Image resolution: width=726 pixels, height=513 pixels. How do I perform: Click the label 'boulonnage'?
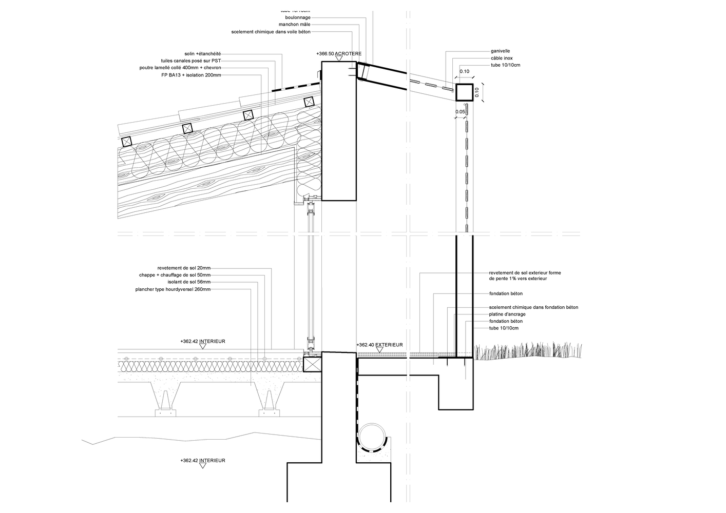(x=298, y=17)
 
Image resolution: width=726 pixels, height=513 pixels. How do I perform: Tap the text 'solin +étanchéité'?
(x=202, y=53)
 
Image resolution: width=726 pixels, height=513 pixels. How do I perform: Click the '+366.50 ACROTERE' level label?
(x=339, y=53)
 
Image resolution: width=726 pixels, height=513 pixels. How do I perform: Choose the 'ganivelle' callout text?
(x=500, y=51)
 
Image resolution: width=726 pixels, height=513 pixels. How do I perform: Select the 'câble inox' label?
(x=501, y=58)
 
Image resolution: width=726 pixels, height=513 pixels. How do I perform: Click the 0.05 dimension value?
(x=460, y=111)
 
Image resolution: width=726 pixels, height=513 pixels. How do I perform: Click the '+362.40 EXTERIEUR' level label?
(x=379, y=345)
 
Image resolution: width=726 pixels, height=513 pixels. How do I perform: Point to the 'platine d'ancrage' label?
(x=507, y=314)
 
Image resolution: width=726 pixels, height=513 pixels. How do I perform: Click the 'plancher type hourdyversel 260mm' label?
(x=173, y=289)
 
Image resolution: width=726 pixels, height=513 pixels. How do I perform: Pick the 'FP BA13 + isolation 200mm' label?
(x=191, y=75)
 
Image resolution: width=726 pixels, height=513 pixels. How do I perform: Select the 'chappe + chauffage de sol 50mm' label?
(x=175, y=275)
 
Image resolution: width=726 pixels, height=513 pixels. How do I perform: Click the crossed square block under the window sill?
(x=312, y=364)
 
